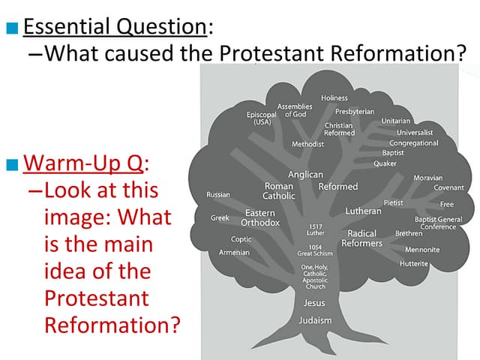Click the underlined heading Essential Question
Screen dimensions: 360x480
click(x=115, y=27)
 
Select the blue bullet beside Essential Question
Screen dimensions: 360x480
click(x=10, y=29)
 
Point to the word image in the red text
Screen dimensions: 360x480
click(x=79, y=217)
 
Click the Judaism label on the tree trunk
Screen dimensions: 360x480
click(x=314, y=320)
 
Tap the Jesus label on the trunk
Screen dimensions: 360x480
click(x=314, y=303)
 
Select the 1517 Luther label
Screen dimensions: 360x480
click(x=316, y=229)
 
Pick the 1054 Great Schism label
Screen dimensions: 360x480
click(x=315, y=250)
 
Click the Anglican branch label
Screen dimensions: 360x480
click(x=305, y=175)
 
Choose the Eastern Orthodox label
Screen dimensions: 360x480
click(x=260, y=218)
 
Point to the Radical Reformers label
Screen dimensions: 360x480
click(x=361, y=238)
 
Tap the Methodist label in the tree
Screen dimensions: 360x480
click(x=307, y=143)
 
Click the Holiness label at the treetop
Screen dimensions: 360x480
click(x=334, y=98)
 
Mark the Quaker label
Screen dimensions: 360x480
click(x=385, y=163)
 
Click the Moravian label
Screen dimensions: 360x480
click(x=427, y=178)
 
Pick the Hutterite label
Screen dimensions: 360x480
click(x=414, y=264)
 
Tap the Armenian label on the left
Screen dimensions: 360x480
click(x=234, y=253)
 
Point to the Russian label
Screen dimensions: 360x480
click(x=217, y=194)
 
